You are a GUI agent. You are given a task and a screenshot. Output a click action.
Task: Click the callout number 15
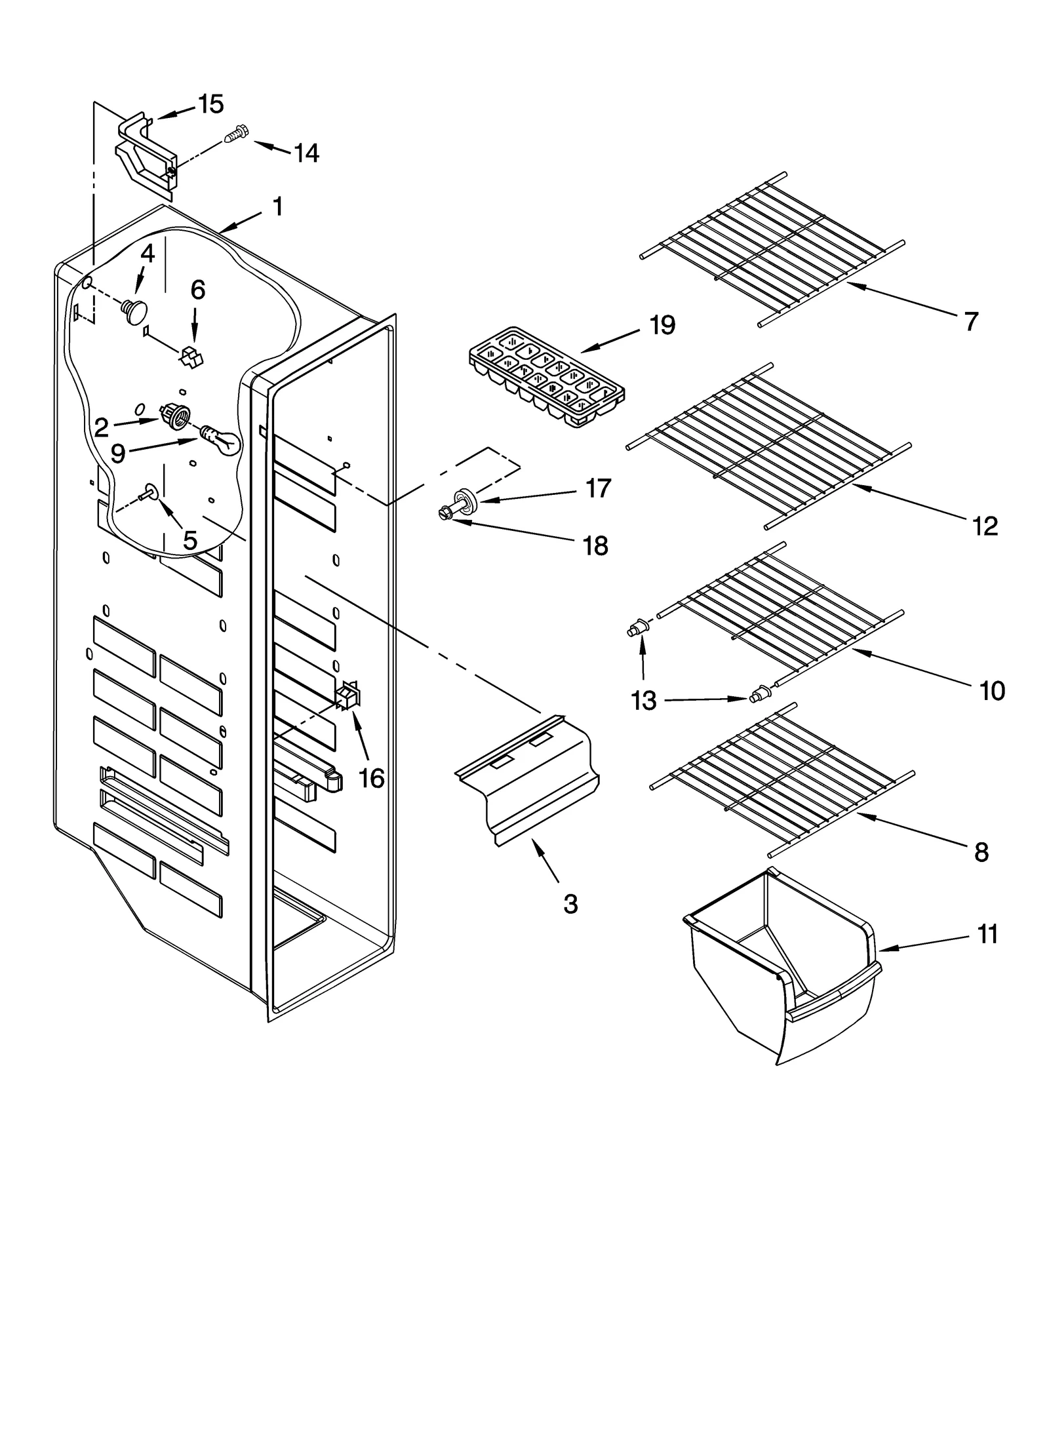(x=211, y=104)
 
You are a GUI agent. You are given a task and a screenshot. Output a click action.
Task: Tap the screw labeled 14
(x=235, y=136)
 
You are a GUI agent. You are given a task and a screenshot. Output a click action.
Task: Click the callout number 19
(x=662, y=325)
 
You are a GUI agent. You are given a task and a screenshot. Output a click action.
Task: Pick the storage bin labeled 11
(x=783, y=968)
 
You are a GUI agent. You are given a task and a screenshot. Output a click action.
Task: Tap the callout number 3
(x=570, y=904)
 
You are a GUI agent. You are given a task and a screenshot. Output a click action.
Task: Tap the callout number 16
(x=372, y=778)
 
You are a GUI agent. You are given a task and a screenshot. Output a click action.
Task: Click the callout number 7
(x=971, y=321)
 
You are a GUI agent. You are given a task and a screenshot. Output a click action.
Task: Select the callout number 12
(x=985, y=525)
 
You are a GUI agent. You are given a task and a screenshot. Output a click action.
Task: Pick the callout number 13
(x=643, y=701)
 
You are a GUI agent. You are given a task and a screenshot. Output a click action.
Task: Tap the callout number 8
(x=981, y=852)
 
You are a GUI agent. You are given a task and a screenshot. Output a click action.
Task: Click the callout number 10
(x=992, y=690)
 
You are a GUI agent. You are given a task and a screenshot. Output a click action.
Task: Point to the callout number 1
(x=278, y=206)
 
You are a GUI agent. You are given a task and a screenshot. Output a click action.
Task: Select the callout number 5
(x=189, y=540)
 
